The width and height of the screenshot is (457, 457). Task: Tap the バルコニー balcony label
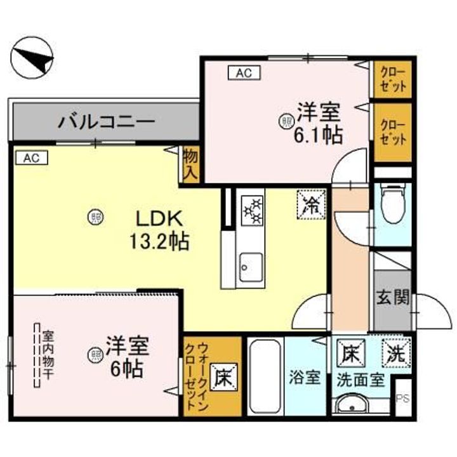105,121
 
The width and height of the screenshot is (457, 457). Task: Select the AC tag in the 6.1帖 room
244,73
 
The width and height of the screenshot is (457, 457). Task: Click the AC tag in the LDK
32,158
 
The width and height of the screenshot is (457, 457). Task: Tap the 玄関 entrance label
393,297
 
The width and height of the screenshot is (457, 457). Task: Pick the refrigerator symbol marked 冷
311,204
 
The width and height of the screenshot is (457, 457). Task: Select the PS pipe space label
402,398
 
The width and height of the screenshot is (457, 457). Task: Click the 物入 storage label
190,163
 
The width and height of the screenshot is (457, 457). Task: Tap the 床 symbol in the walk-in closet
222,378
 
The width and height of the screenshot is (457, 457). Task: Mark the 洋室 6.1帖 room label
316,123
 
